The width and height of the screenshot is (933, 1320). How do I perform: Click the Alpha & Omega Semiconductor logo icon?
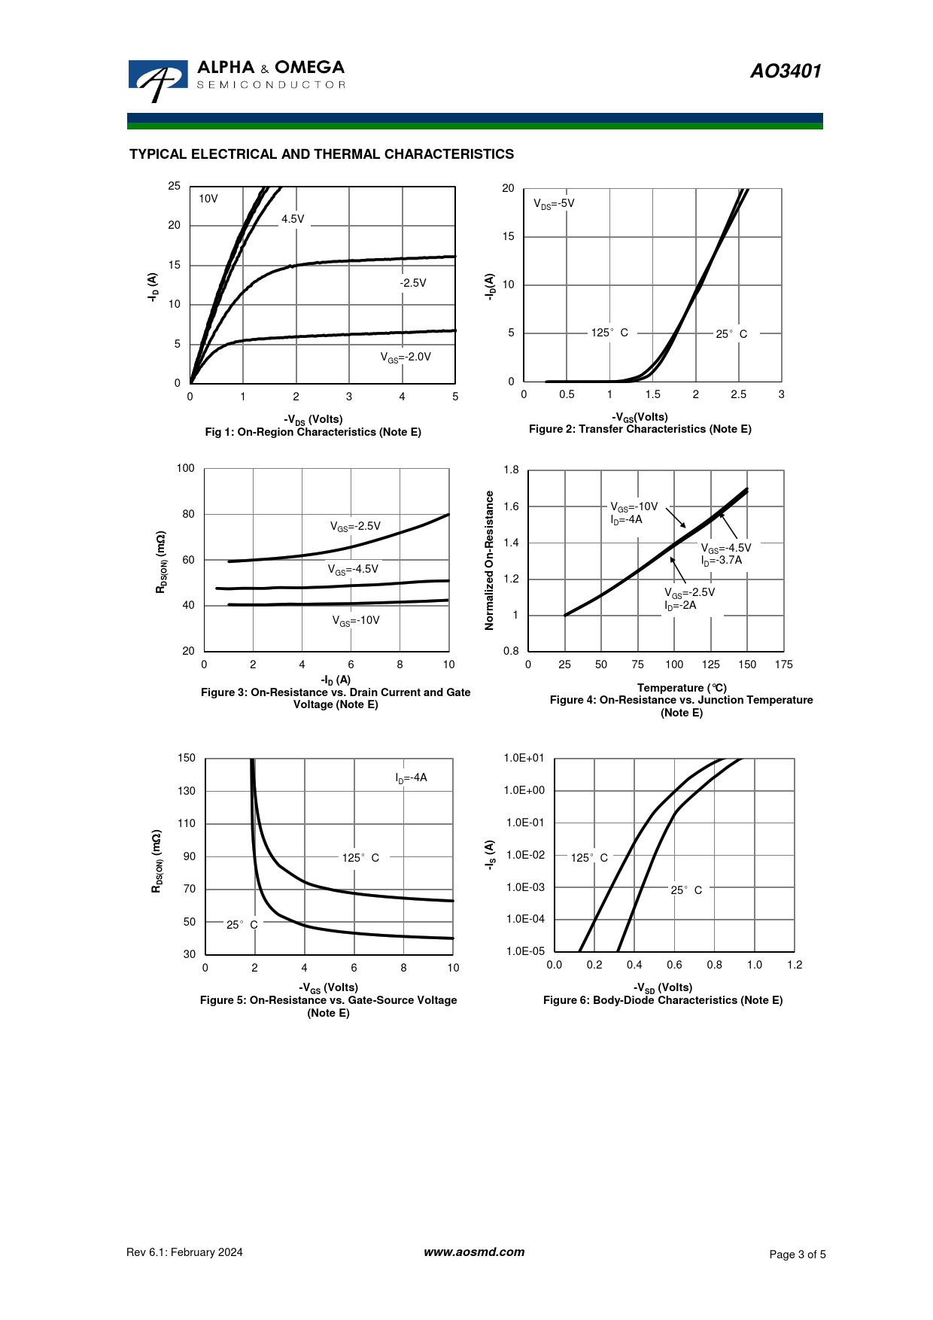coord(157,79)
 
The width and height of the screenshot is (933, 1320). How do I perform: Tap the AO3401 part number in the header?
coord(786,71)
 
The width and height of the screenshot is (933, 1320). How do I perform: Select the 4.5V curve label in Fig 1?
coord(293,219)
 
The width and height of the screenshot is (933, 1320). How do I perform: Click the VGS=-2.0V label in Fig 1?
coord(406,357)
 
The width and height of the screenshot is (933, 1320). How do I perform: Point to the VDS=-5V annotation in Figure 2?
coord(554,203)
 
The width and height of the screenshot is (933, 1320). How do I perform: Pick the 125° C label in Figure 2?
coord(609,333)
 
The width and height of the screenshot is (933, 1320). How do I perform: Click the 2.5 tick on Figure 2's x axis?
coord(738,394)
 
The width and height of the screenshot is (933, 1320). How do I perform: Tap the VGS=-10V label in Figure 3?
coord(356,621)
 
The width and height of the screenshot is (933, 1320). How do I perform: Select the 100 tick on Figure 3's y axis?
coord(185,468)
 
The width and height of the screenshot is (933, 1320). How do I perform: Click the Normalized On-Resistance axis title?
coord(490,560)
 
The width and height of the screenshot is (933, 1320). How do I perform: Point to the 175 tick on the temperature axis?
coord(783,665)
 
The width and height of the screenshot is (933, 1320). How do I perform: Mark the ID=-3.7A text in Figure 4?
coord(722,560)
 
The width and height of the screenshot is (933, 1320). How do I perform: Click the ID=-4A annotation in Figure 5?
coord(411,777)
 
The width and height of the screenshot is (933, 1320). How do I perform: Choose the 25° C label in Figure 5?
coord(242,924)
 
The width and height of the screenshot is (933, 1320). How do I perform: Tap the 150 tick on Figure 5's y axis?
coord(186,758)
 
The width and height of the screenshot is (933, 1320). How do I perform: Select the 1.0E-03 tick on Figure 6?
coord(525,887)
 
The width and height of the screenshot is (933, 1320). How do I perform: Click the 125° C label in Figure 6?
coord(589,858)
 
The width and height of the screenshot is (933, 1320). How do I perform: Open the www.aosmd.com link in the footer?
coord(474,1252)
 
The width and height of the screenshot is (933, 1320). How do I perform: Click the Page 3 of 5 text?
coord(797,1254)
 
